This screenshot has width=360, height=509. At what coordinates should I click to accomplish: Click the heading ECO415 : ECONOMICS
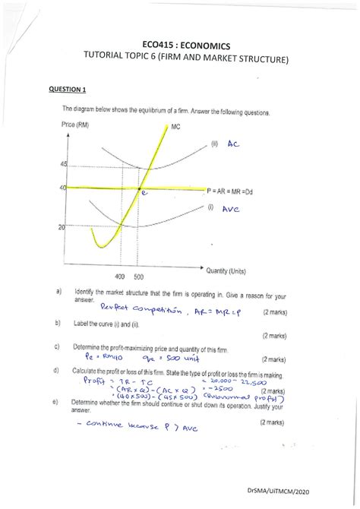tap(179, 48)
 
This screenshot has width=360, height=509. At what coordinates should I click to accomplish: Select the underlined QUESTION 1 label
tap(70, 90)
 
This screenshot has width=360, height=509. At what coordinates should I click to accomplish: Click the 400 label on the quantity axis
tap(120, 277)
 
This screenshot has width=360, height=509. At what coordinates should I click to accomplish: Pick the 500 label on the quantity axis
tap(138, 277)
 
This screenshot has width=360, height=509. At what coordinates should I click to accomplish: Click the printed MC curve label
tap(176, 126)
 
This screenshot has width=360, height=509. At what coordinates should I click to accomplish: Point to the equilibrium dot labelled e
tap(138, 188)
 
